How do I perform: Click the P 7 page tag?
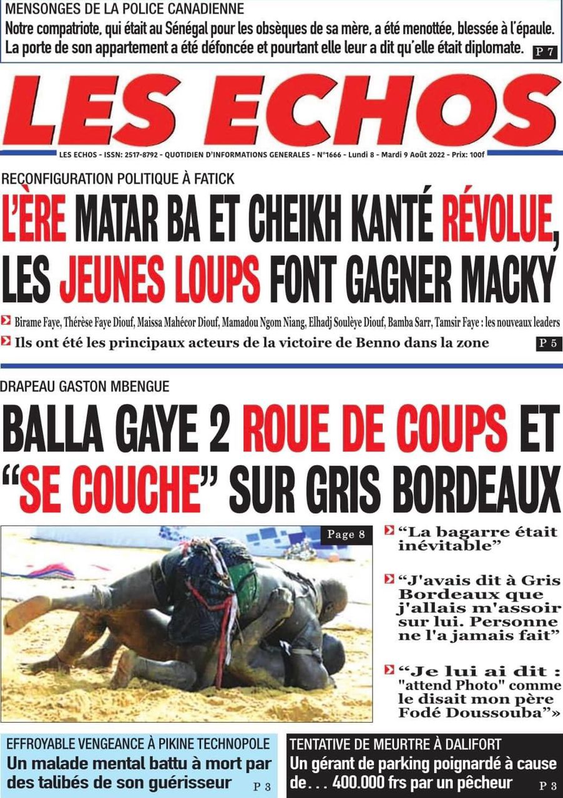(545, 52)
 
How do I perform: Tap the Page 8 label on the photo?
(346, 534)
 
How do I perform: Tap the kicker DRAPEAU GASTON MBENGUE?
(85, 387)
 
